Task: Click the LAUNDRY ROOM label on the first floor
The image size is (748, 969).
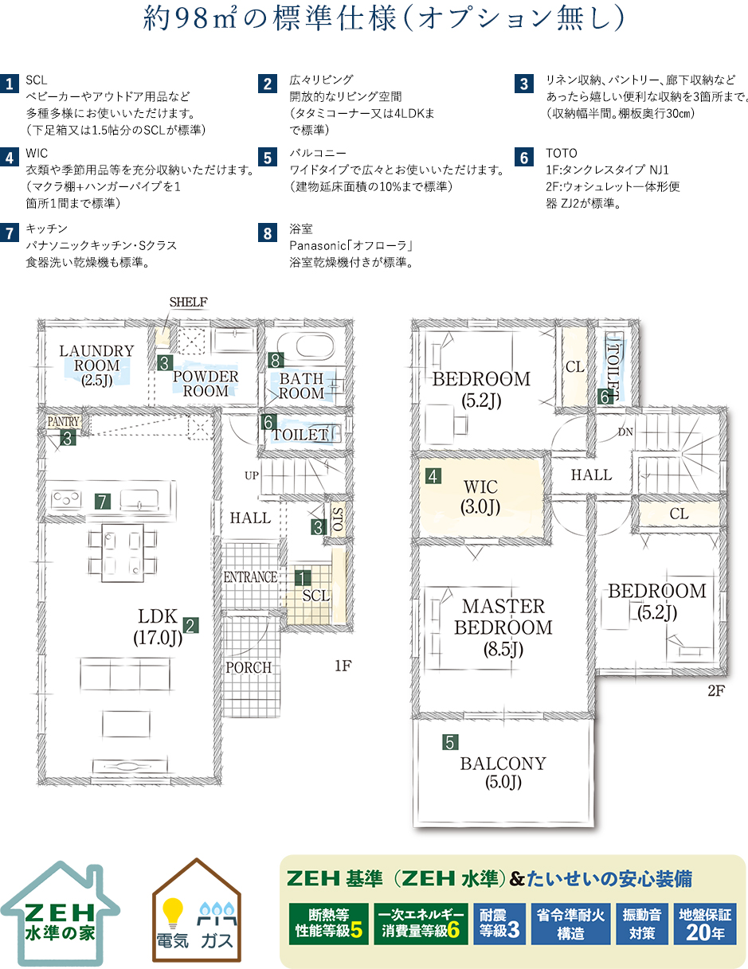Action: click(97, 365)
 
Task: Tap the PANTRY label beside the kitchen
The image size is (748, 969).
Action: click(64, 421)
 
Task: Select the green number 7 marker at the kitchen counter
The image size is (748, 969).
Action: click(103, 502)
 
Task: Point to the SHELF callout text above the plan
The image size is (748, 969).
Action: click(188, 302)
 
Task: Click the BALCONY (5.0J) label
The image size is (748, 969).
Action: click(503, 772)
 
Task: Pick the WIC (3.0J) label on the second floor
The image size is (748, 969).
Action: click(480, 497)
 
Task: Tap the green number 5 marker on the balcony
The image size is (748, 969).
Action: click(450, 742)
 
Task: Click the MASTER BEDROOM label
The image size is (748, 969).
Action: click(503, 627)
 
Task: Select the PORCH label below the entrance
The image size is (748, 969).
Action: click(249, 667)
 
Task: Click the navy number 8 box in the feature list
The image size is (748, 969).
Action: click(268, 233)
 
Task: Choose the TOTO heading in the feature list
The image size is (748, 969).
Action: click(561, 154)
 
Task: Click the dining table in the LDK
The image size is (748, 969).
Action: click(122, 553)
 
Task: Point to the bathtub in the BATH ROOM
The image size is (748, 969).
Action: click(306, 344)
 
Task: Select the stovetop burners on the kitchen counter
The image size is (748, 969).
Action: click(66, 498)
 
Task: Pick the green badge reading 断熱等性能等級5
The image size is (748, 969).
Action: click(329, 924)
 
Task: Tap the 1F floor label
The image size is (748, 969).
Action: click(343, 666)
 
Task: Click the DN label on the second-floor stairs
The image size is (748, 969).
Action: click(625, 432)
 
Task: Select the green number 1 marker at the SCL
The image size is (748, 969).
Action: click(303, 578)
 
